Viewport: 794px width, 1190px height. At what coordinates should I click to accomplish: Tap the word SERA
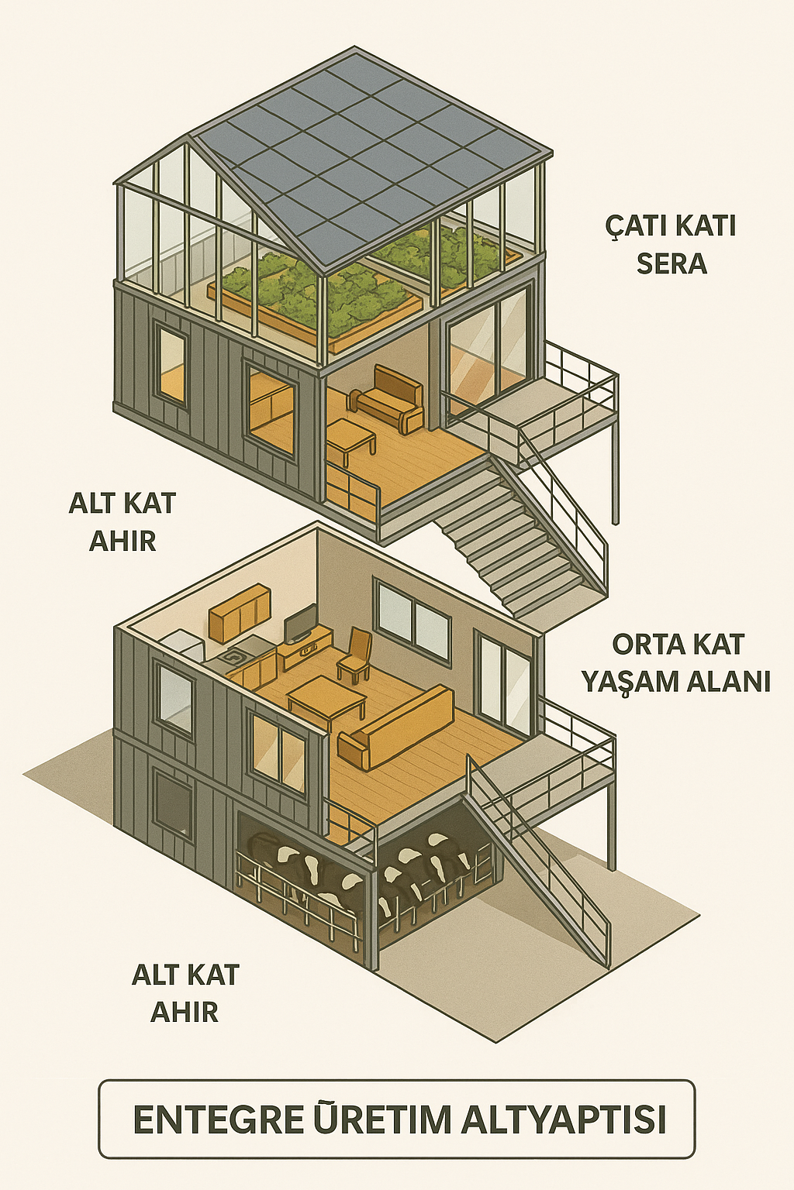click(x=671, y=264)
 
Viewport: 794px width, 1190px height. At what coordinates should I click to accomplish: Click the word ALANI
click(x=733, y=682)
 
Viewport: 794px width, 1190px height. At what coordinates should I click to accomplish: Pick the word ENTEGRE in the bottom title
click(x=218, y=1120)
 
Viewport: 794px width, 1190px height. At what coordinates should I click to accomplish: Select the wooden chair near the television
click(x=355, y=655)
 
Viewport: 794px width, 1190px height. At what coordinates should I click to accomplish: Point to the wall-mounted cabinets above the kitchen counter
click(x=240, y=612)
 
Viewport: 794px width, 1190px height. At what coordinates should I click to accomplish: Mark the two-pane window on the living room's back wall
click(x=413, y=621)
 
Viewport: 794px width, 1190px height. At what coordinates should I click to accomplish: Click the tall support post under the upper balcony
click(x=616, y=473)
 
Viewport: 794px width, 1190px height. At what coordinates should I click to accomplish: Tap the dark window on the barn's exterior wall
click(x=172, y=804)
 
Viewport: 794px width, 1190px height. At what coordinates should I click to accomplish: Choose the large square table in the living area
click(x=326, y=696)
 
